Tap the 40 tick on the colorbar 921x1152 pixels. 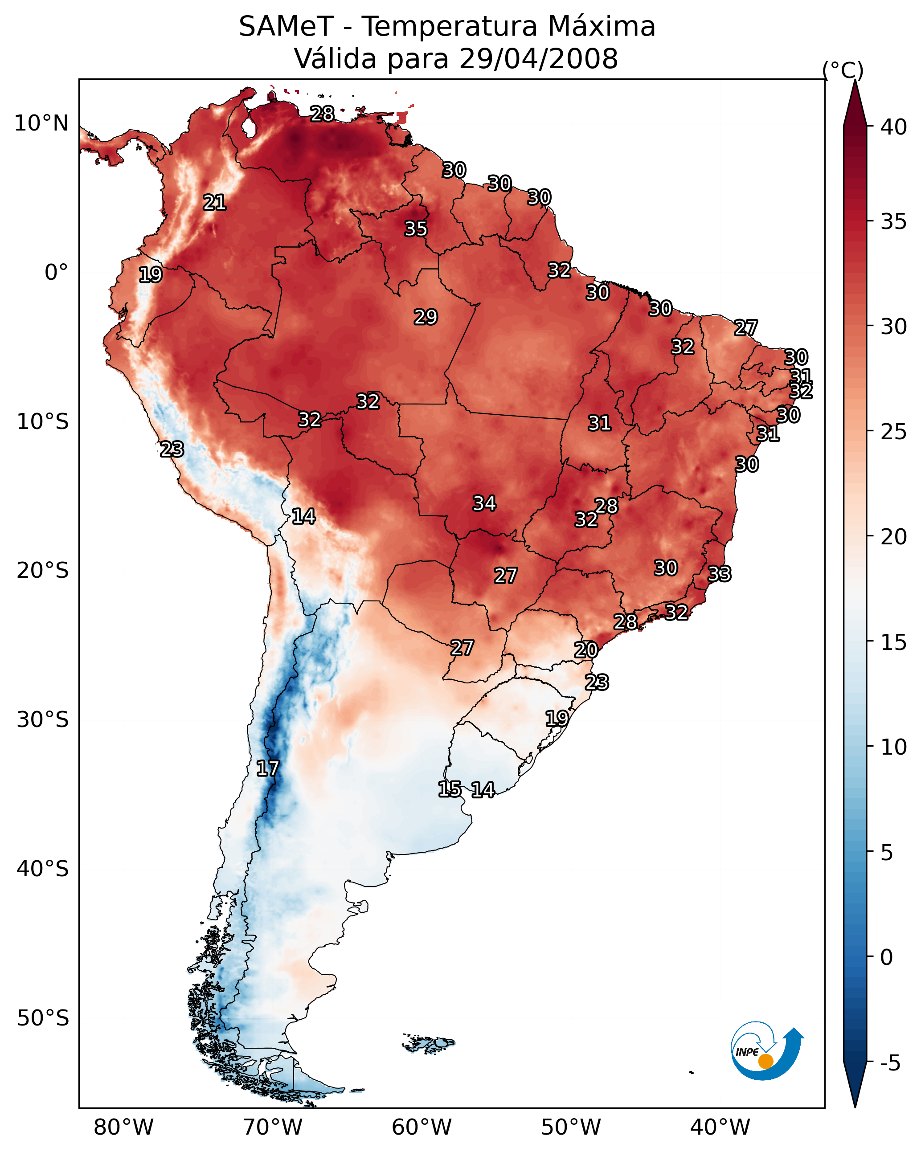[x=894, y=127]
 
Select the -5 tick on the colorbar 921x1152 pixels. [x=890, y=1063]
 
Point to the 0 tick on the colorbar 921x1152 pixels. [x=886, y=957]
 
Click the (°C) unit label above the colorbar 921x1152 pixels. [x=843, y=70]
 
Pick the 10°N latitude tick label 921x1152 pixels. [x=41, y=123]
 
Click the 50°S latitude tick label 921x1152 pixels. [x=43, y=1018]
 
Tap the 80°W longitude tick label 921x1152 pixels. [x=123, y=1127]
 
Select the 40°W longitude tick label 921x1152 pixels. [x=720, y=1127]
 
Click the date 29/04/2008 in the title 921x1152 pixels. [x=538, y=59]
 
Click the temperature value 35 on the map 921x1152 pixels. [x=416, y=229]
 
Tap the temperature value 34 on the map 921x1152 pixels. [x=484, y=503]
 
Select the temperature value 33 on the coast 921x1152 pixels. [x=719, y=574]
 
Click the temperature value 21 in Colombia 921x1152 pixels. [x=214, y=203]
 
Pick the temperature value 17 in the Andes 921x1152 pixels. [x=268, y=769]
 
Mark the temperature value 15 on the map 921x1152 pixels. [x=450, y=789]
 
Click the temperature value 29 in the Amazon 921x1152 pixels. [x=426, y=317]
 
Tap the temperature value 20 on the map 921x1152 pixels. [x=586, y=650]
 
